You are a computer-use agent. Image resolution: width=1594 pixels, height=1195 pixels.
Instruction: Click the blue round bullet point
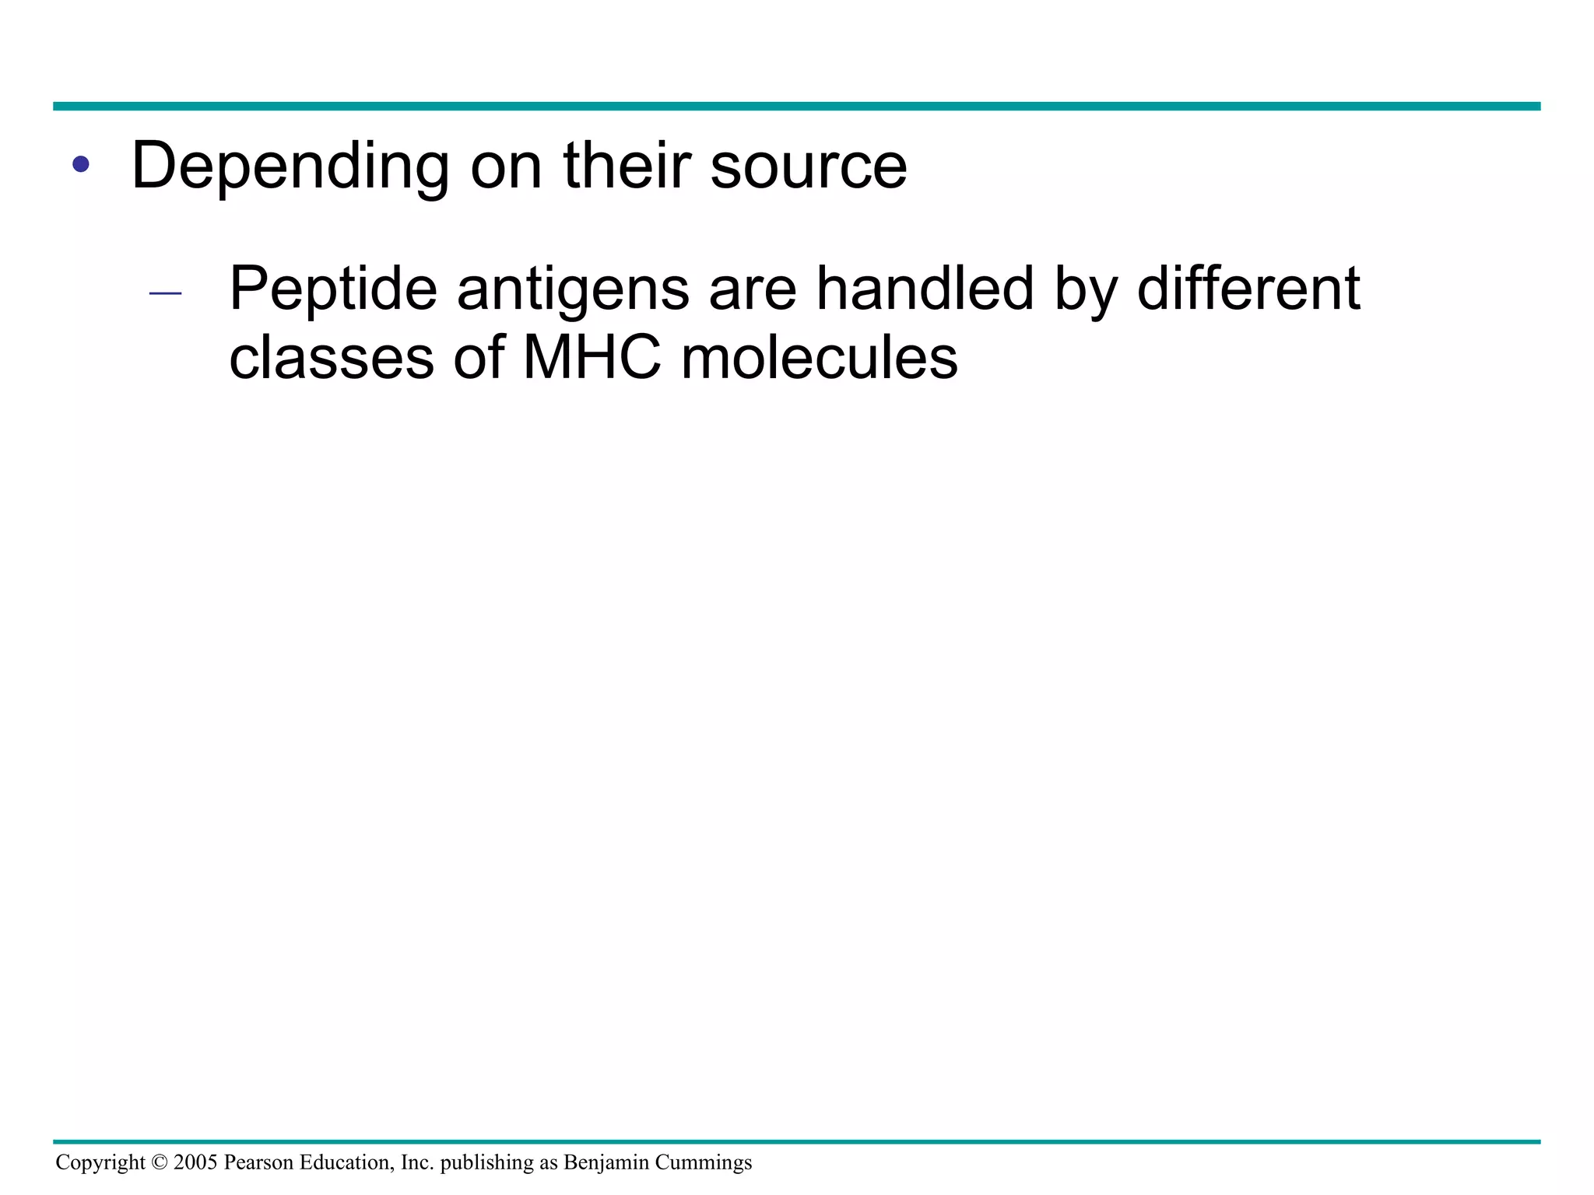pos(80,165)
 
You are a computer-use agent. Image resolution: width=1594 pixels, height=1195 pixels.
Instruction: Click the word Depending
pos(290,166)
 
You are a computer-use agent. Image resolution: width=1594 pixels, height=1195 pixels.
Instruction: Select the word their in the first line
pos(627,166)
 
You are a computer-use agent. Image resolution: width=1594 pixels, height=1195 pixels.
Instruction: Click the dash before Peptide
pos(165,293)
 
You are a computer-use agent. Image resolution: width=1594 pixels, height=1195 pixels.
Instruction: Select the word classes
pos(332,359)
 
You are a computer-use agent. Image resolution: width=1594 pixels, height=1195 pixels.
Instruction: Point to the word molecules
pos(819,359)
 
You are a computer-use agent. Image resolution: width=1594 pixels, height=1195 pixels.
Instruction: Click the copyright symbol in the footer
pos(160,1162)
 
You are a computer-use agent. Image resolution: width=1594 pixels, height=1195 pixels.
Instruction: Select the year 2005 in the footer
pos(195,1162)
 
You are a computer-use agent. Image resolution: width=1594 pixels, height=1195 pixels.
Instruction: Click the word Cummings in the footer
pos(704,1162)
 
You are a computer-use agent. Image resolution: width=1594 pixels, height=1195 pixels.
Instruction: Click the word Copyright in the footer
pos(100,1162)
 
